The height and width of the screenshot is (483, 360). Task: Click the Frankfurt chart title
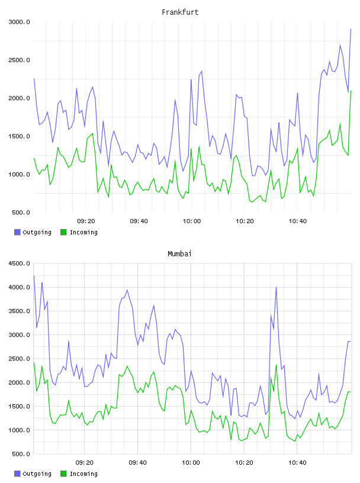[180, 12]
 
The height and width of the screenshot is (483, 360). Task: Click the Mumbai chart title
[179, 254]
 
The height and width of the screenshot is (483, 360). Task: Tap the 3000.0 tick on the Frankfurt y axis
[20, 22]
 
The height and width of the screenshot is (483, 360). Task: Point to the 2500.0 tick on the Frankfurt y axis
[20, 60]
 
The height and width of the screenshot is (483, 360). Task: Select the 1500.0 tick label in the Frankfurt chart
[20, 137]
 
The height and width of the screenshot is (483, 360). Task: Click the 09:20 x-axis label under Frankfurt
[86, 221]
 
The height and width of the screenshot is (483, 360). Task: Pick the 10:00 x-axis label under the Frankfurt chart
[192, 221]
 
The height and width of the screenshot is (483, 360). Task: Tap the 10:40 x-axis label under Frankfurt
[297, 221]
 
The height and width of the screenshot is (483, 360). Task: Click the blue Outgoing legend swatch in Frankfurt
[17, 232]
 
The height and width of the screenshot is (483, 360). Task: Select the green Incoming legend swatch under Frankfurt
[63, 232]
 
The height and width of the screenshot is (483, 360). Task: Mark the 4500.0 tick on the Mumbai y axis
[20, 263]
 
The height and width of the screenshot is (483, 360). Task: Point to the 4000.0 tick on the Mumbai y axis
[20, 288]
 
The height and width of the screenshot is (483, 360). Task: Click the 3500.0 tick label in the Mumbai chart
[20, 311]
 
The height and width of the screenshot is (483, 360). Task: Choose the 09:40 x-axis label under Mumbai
[138, 463]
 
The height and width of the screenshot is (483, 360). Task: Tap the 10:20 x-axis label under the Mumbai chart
[244, 463]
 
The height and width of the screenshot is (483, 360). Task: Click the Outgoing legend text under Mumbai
[37, 474]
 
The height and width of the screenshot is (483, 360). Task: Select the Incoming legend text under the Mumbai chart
[83, 474]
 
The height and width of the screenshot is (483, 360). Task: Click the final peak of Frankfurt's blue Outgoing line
[351, 29]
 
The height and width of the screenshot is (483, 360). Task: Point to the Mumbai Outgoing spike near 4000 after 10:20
[276, 287]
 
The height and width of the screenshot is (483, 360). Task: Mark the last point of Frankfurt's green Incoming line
[351, 91]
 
